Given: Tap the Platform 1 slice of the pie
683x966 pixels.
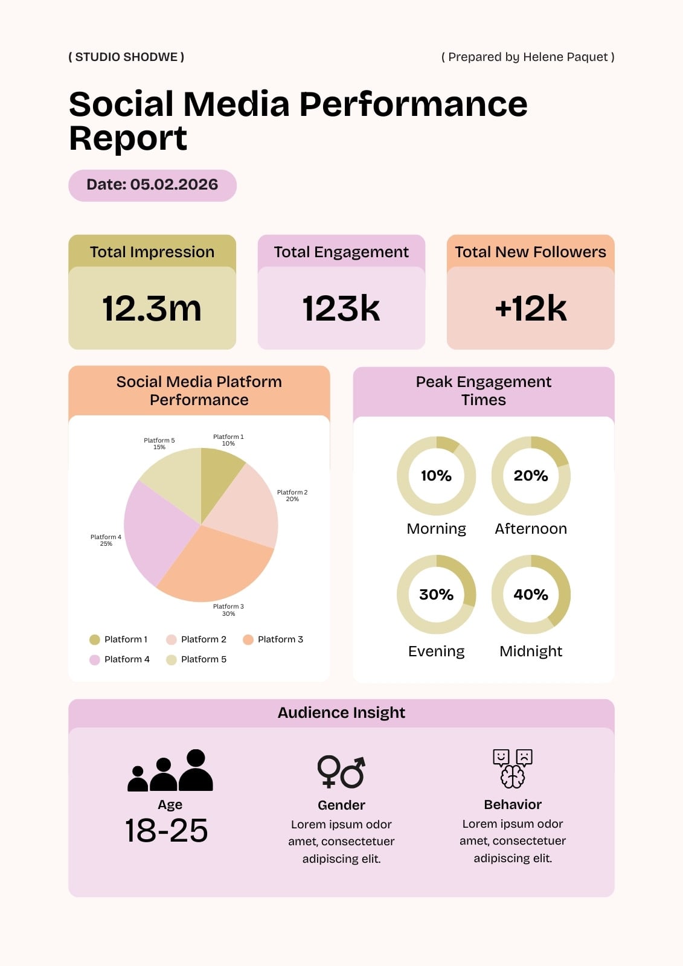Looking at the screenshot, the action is click(x=218, y=475).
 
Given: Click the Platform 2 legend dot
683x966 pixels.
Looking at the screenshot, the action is click(x=172, y=639).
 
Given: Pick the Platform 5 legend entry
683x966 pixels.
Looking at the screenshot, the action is click(x=196, y=659).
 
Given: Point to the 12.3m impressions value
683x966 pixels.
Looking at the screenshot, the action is click(x=152, y=309).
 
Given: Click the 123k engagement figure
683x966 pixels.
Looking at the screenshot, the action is click(x=341, y=309).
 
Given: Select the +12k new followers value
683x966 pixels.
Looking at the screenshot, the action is click(x=531, y=309).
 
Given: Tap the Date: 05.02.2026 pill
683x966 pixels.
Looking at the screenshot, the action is click(x=152, y=185).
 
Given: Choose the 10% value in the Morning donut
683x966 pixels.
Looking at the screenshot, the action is click(x=436, y=476).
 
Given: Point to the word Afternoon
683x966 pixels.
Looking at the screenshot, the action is click(x=531, y=529).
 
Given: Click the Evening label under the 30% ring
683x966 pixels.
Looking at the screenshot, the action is click(x=436, y=651).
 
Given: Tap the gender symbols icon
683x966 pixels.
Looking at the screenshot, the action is click(x=341, y=772).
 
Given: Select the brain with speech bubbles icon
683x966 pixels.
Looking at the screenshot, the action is click(x=513, y=769).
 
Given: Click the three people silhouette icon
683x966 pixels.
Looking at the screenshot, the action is click(x=170, y=770).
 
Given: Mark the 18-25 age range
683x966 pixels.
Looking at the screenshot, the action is click(x=166, y=831).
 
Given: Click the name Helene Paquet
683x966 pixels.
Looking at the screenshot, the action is click(x=565, y=57).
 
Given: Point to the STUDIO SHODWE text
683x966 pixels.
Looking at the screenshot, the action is click(x=126, y=57).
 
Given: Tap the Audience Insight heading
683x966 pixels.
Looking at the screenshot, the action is click(x=341, y=712).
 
